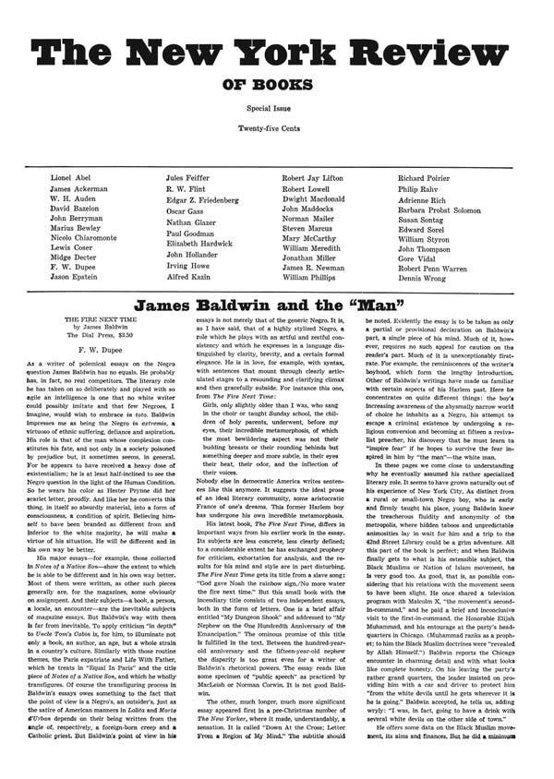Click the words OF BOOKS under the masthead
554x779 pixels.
[276, 89]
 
